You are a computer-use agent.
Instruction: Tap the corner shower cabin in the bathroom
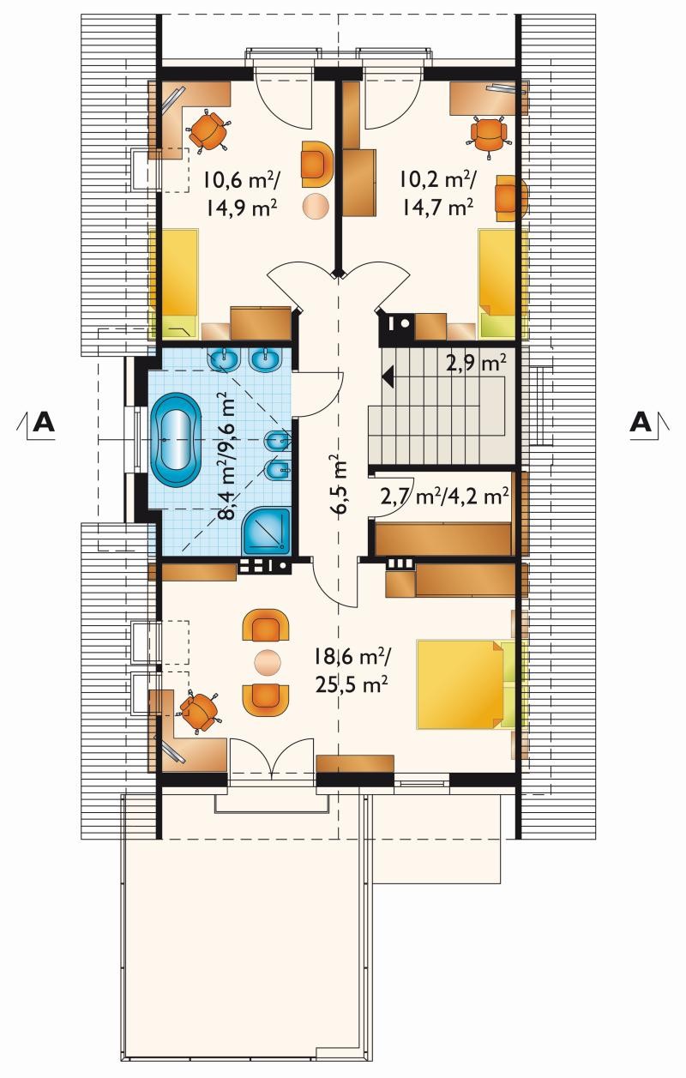267,531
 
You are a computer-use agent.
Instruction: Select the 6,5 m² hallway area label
341,485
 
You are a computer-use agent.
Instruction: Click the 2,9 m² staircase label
476,363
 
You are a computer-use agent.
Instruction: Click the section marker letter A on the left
44,423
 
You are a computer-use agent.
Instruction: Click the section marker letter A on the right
641,423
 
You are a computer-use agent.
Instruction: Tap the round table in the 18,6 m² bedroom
267,662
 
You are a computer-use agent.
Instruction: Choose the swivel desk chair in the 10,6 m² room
208,130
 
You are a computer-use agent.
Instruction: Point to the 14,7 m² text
436,208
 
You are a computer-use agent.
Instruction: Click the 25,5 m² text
352,684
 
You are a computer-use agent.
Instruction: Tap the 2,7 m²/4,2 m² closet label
444,497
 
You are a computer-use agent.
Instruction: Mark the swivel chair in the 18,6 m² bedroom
199,710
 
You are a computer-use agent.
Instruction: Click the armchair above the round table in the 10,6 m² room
317,165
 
